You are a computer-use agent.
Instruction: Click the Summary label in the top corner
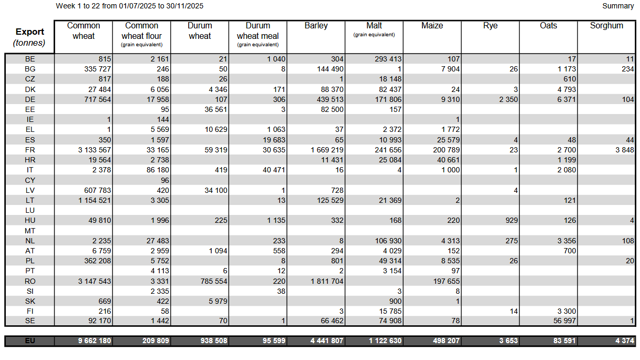tap(618, 6)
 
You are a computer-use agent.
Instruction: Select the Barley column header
tap(316, 26)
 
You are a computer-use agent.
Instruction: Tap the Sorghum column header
tap(606, 26)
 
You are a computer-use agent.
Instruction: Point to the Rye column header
tap(490, 26)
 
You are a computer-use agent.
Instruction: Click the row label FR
tap(30, 150)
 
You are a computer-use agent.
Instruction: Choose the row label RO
tap(30, 281)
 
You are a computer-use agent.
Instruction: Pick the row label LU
tap(30, 210)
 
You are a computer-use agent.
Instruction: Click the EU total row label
tap(30, 341)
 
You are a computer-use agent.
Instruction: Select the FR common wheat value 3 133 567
tap(95, 150)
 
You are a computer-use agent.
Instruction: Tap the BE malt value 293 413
tap(385, 59)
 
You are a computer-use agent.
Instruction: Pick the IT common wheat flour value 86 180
tap(156, 170)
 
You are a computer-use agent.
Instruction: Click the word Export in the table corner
tap(30, 32)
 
